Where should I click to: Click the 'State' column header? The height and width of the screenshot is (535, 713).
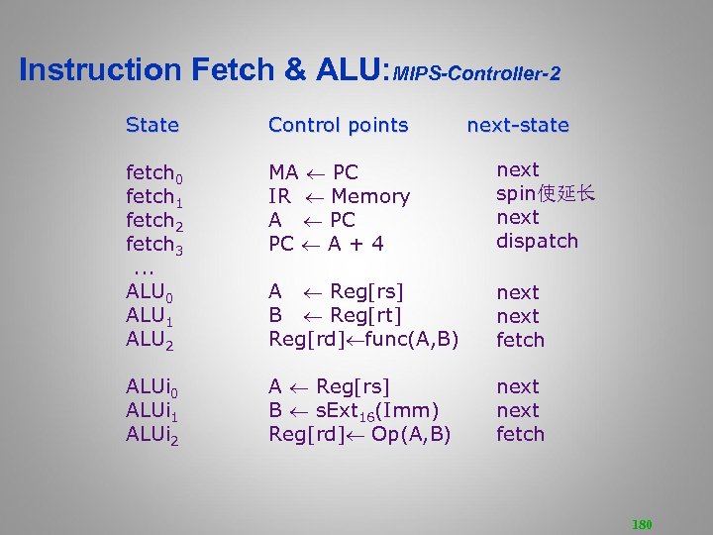(x=153, y=126)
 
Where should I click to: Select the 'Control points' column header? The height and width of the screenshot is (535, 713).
(x=338, y=126)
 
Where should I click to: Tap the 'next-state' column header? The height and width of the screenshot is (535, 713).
(x=517, y=126)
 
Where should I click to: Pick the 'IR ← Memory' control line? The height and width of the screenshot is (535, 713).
(x=339, y=196)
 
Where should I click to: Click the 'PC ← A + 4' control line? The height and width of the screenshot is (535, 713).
(x=326, y=244)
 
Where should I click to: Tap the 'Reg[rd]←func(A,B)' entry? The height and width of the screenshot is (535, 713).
(x=363, y=340)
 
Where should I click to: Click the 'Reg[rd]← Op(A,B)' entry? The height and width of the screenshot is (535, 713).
(x=359, y=434)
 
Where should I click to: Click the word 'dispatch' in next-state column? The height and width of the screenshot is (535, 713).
(x=537, y=241)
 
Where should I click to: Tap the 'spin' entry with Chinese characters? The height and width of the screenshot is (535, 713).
(x=546, y=193)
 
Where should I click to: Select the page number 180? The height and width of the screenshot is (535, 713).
(x=642, y=524)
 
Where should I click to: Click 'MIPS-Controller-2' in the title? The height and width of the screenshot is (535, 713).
(x=476, y=74)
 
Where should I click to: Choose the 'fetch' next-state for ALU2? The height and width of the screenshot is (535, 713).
(x=520, y=340)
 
